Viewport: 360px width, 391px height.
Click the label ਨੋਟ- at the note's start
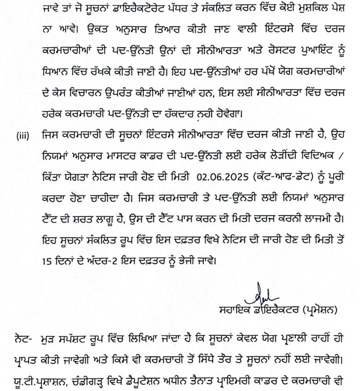tap(16, 341)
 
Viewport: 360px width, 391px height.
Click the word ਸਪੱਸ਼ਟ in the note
tap(76, 341)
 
